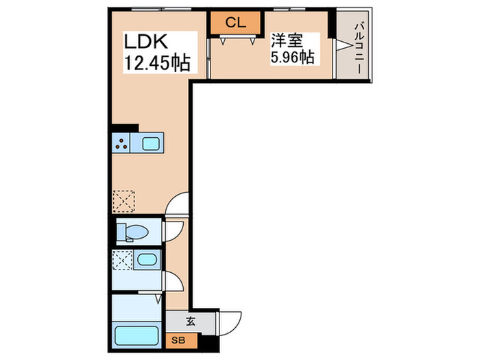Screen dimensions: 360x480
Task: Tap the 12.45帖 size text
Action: pyautogui.click(x=156, y=64)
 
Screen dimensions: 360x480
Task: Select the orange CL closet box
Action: pyautogui.click(x=235, y=23)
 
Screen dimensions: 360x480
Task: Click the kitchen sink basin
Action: pyautogui.click(x=151, y=144)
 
